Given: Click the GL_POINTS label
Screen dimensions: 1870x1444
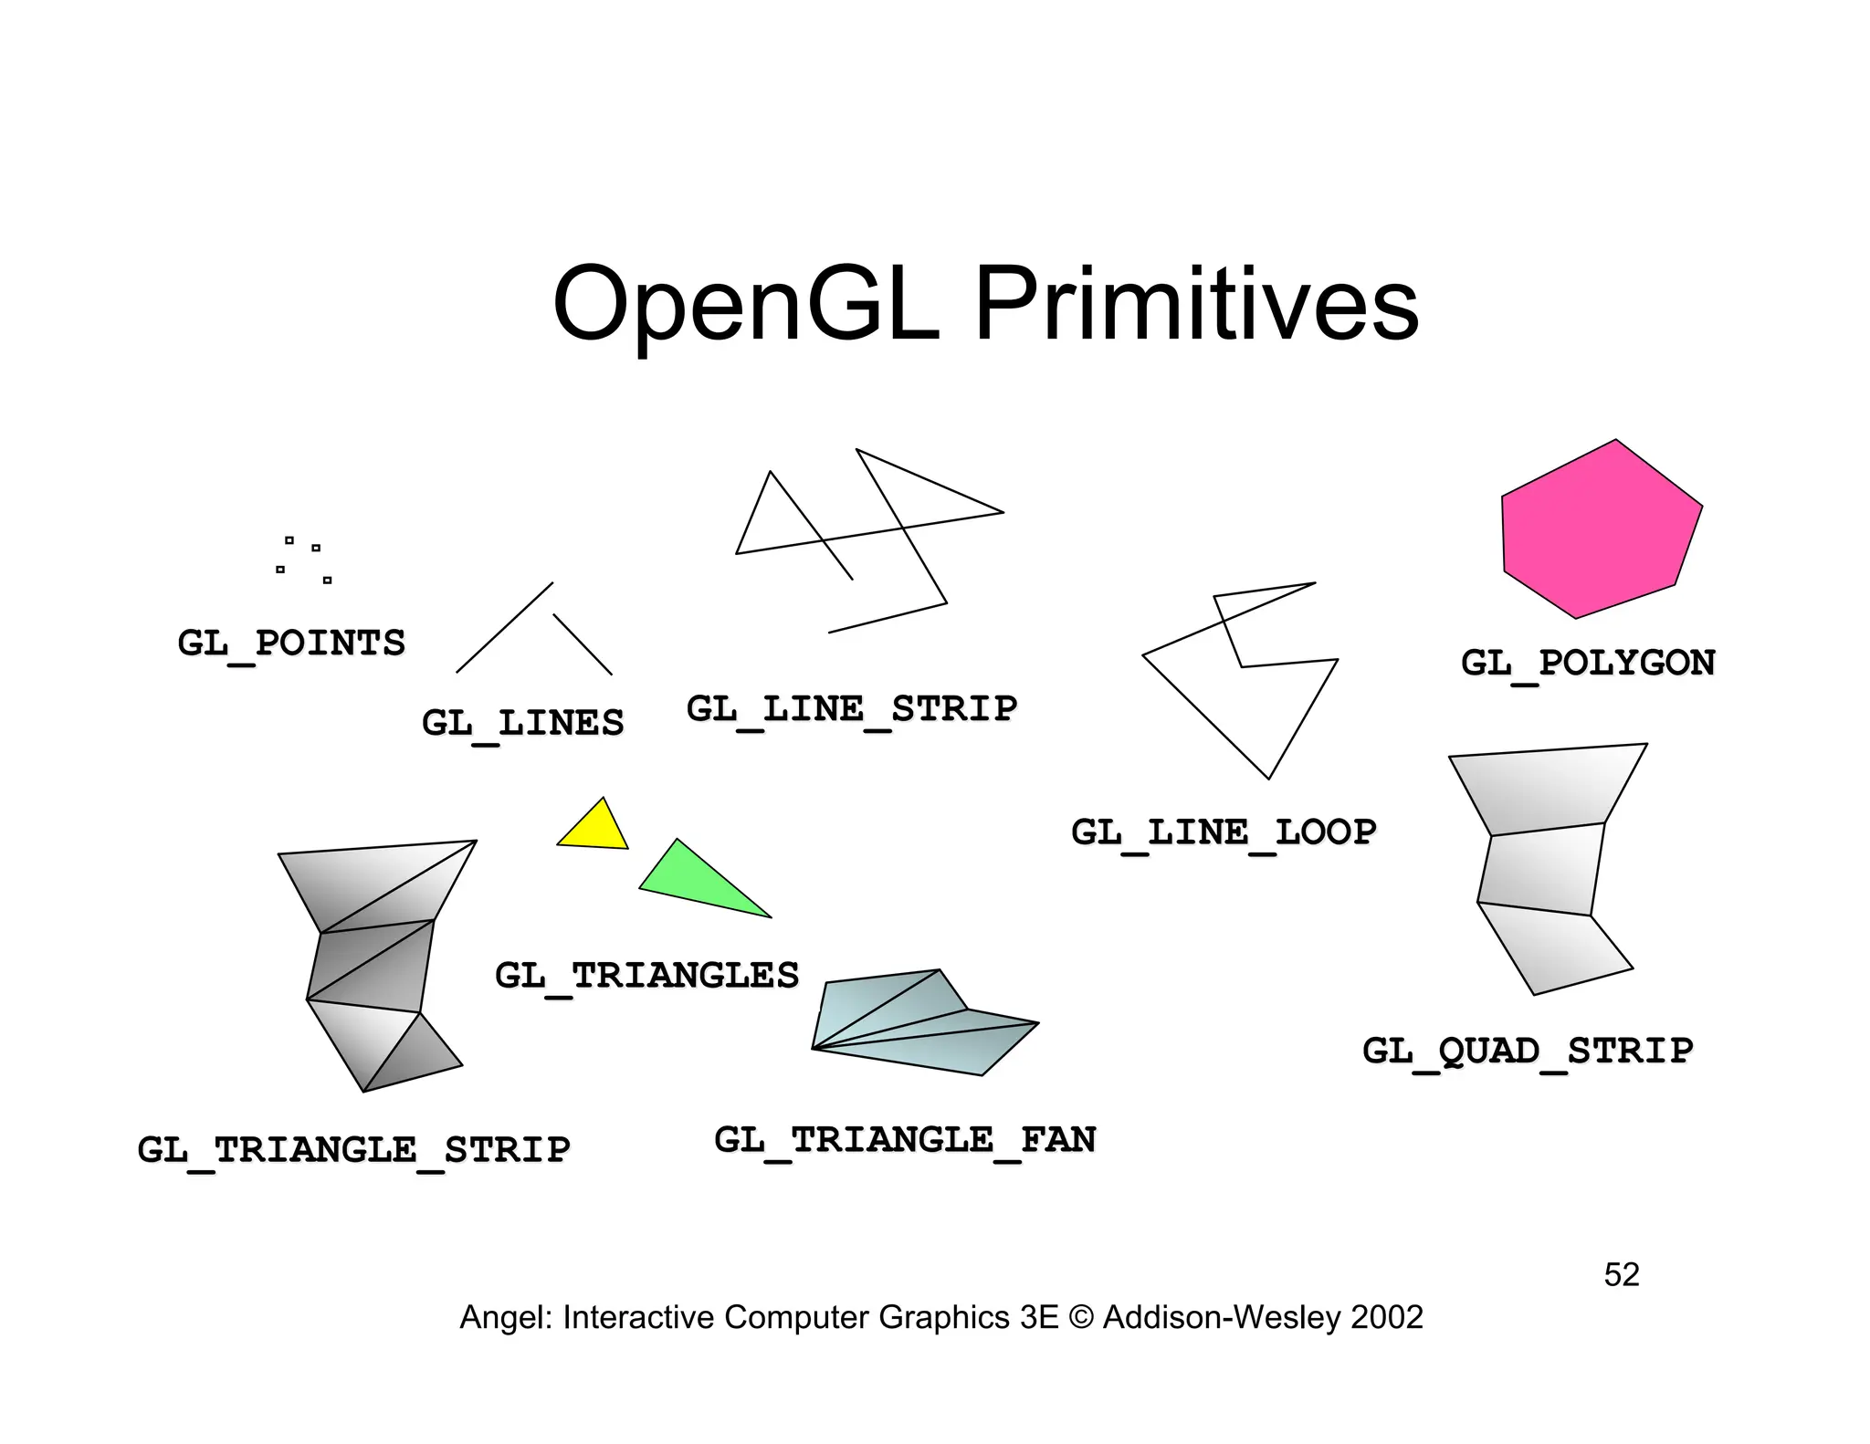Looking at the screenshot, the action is (x=291, y=644).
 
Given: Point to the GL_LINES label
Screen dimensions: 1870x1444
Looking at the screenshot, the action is (x=522, y=724).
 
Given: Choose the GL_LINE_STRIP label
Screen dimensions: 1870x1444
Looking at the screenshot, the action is (x=851, y=709).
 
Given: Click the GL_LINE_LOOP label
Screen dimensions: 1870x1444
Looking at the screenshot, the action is (x=1224, y=832).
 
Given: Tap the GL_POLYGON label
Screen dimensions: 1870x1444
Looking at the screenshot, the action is (x=1588, y=664).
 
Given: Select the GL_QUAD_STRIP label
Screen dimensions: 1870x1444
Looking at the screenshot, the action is (x=1528, y=1052).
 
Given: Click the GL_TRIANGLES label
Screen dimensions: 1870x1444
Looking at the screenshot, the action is (x=646, y=976).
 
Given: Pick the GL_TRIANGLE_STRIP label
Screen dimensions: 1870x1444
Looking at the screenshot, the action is (x=353, y=1149).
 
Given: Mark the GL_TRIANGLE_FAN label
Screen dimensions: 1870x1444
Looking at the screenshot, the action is (x=905, y=1140).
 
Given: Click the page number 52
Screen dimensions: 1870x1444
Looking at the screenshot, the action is (x=1622, y=1275).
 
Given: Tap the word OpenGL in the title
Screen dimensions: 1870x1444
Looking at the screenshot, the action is (x=746, y=304).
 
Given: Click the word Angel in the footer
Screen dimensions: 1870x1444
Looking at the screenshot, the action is (x=505, y=1318).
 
